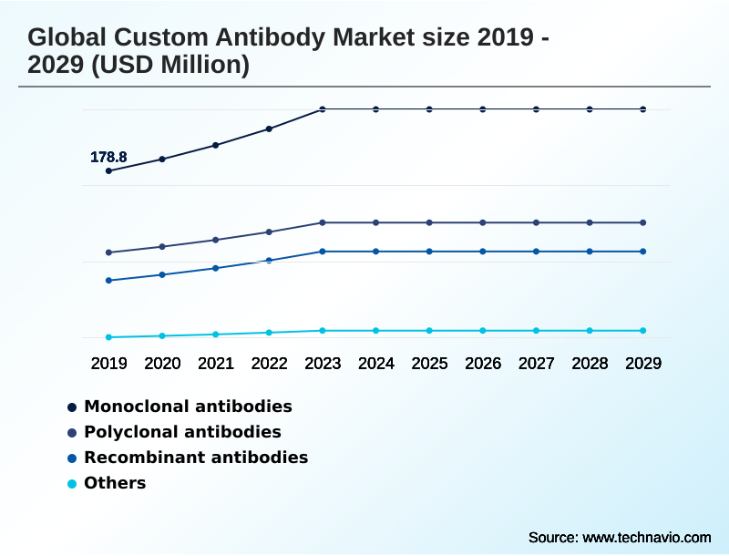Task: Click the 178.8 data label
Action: tap(108, 158)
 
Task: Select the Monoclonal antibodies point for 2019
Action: tap(108, 170)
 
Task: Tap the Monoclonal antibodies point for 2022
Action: tap(269, 129)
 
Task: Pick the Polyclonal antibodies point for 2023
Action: tap(323, 222)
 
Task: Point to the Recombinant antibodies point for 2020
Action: tap(162, 274)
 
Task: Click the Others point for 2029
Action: tap(643, 330)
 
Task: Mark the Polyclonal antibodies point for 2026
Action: tap(483, 222)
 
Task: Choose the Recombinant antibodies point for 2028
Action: tap(590, 252)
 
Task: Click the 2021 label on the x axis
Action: tap(216, 364)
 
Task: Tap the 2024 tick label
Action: tap(376, 364)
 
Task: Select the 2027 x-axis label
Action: tap(537, 364)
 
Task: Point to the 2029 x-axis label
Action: tap(643, 364)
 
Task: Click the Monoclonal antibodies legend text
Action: tap(188, 406)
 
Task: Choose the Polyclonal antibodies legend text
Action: tap(182, 431)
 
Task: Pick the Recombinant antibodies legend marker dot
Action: tap(72, 458)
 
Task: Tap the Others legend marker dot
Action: tap(72, 483)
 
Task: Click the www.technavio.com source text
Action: tap(646, 537)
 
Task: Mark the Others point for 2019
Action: tap(108, 337)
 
